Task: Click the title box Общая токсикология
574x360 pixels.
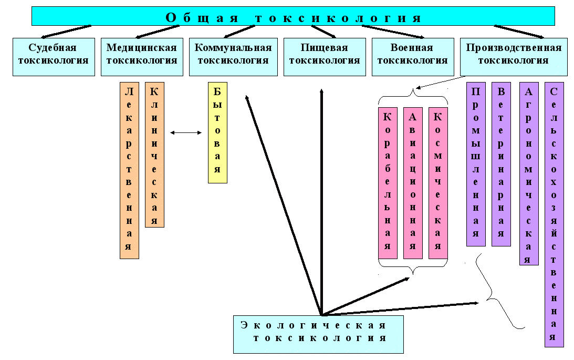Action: [x=293, y=16]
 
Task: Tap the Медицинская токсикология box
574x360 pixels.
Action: [x=141, y=57]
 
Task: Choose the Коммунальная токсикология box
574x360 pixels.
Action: [x=233, y=57]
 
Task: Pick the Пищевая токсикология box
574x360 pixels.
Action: [x=324, y=57]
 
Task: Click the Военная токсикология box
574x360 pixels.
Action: [x=412, y=57]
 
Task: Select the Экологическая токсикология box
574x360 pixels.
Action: [x=318, y=334]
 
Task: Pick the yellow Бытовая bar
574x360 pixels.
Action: [x=217, y=132]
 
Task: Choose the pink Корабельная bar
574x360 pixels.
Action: [x=388, y=183]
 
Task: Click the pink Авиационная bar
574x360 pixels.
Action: [x=413, y=183]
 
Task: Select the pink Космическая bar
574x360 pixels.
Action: [x=438, y=183]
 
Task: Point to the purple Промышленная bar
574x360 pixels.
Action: [x=476, y=164]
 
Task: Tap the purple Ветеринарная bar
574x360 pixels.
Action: [x=501, y=164]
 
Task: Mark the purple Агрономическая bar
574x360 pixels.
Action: [x=529, y=173]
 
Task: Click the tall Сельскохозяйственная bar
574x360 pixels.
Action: [x=554, y=214]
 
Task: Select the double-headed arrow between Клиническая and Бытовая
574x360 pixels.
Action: [x=186, y=133]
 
